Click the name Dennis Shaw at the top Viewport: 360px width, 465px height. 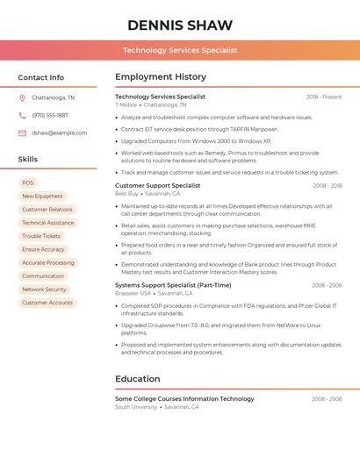[x=180, y=25]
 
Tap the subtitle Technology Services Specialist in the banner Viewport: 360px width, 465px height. [x=180, y=50]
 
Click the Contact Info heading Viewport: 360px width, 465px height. [x=41, y=77]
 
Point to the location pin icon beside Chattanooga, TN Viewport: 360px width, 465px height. [x=22, y=98]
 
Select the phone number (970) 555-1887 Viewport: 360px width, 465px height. [x=50, y=115]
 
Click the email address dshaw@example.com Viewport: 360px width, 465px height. [x=60, y=132]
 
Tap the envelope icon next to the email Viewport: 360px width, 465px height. [x=22, y=132]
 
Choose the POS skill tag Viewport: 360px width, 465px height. [x=27, y=182]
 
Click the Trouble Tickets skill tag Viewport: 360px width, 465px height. [x=41, y=236]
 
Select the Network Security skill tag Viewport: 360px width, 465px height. [x=44, y=289]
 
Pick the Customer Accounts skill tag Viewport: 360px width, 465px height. [x=47, y=303]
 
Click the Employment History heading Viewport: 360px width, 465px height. [x=161, y=77]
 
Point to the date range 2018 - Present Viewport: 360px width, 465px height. [x=324, y=97]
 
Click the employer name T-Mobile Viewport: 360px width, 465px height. [x=126, y=104]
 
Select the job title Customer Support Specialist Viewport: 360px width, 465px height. [x=158, y=185]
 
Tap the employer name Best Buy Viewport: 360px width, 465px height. [x=126, y=193]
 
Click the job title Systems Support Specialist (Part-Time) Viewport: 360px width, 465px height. [x=173, y=284]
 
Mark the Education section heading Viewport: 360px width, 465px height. [x=137, y=379]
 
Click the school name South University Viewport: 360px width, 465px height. [x=136, y=407]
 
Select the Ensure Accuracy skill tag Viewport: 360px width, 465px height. [x=43, y=249]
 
